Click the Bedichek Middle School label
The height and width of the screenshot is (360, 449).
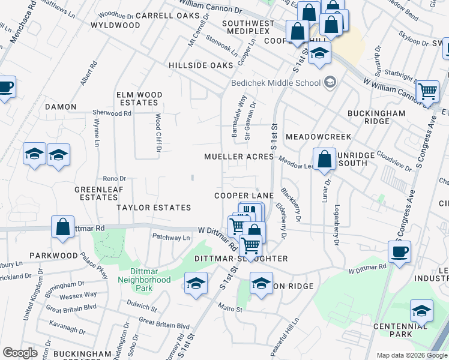(276, 83)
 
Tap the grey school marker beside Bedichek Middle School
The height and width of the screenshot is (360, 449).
(330, 82)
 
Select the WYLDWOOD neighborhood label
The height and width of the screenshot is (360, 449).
(115, 25)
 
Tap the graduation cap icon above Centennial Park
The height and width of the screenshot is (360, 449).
(421, 311)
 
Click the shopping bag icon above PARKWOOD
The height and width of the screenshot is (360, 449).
(62, 227)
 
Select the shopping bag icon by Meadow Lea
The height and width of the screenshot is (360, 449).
(324, 160)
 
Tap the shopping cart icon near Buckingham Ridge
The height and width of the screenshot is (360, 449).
(427, 92)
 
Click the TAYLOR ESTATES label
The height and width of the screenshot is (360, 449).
(154, 208)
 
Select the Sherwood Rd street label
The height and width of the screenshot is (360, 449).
(112, 112)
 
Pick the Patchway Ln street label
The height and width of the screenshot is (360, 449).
(170, 238)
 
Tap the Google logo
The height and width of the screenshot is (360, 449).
(20, 353)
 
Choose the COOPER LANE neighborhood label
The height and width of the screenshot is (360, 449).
(244, 196)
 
